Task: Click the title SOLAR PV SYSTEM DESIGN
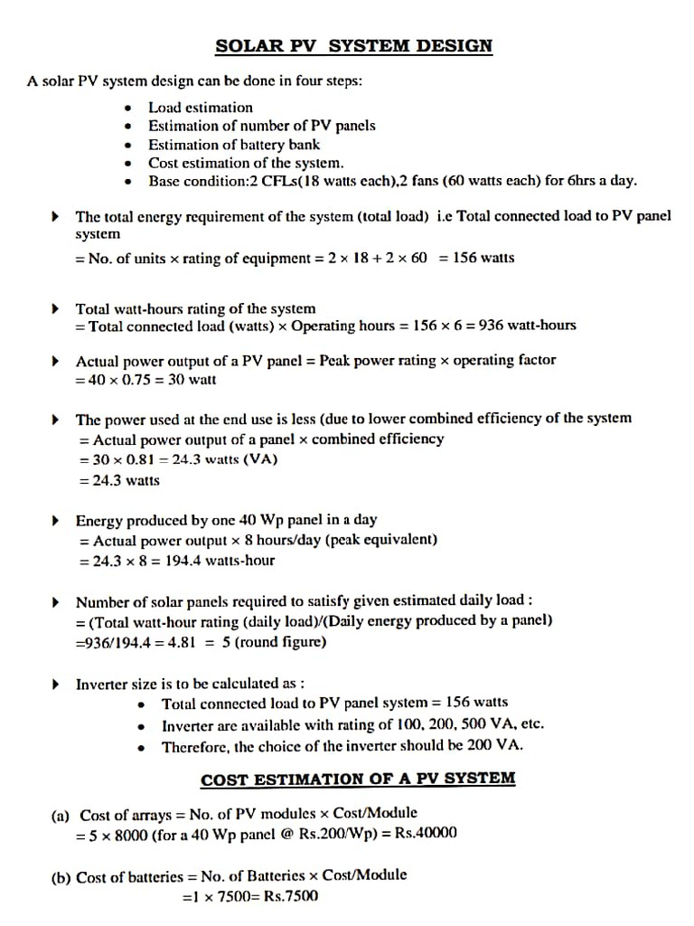click(x=354, y=45)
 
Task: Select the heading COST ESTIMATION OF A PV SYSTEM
click(x=358, y=779)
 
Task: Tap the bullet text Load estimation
click(x=201, y=107)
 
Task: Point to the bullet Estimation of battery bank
click(x=234, y=144)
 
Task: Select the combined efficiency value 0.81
click(x=140, y=459)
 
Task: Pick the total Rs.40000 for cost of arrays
click(x=426, y=833)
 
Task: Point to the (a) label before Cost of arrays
click(x=60, y=815)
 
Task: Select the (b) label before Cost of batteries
click(x=60, y=876)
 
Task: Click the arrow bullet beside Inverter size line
click(x=56, y=685)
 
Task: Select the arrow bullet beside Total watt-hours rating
click(x=56, y=309)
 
